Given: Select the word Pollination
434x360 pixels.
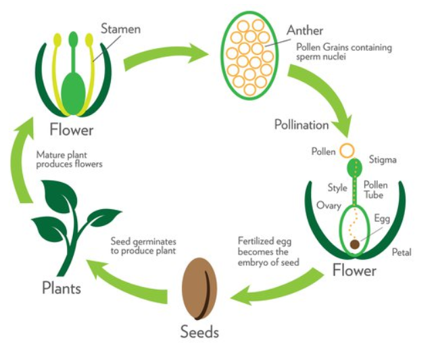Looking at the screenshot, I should pyautogui.click(x=302, y=125).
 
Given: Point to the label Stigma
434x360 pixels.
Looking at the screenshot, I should pyautogui.click(x=382, y=160).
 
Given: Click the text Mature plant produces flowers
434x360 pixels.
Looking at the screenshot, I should pyautogui.click(x=70, y=159).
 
